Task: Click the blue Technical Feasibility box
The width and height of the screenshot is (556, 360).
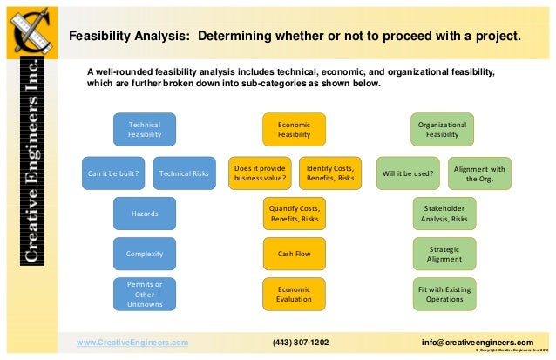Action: (145, 130)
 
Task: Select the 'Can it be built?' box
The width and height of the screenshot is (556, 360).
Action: (113, 173)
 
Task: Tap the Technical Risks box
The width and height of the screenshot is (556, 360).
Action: (184, 173)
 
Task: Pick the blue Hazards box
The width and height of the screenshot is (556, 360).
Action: (145, 214)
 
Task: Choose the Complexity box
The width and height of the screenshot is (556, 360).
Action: (145, 254)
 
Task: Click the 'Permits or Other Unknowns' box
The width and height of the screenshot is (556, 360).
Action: (145, 295)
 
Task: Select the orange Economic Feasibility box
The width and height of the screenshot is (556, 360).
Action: (294, 130)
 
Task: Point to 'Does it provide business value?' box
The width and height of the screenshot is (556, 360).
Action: (259, 173)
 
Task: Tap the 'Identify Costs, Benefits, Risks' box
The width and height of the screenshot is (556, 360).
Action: (330, 173)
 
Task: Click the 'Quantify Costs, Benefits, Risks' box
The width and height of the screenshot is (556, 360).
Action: (294, 214)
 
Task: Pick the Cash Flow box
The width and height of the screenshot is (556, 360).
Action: (294, 254)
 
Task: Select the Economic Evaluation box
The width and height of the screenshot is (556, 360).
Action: (294, 295)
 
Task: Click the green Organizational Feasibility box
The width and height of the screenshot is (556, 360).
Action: (443, 130)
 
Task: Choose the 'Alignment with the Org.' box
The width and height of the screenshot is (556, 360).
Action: (479, 173)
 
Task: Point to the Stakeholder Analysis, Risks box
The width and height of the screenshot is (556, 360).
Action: (444, 214)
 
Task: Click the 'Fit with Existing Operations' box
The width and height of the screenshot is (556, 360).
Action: (444, 295)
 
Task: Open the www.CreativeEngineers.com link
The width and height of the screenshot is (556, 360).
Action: (132, 343)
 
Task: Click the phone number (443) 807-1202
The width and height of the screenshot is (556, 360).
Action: (301, 343)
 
